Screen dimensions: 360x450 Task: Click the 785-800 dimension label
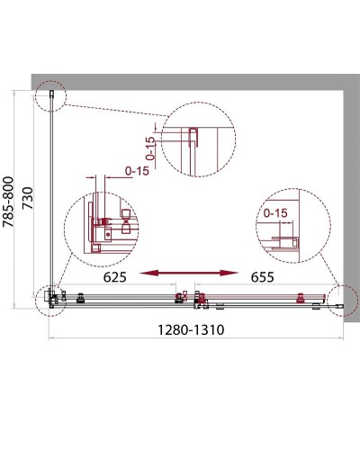8,202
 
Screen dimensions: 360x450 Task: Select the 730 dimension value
28,198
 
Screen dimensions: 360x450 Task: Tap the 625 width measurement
115,277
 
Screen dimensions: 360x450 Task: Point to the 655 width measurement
263,277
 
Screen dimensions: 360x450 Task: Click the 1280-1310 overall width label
191,330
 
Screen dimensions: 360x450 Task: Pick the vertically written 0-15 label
151,148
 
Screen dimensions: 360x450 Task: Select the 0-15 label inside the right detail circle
275,213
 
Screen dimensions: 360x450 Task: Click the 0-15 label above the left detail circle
137,171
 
